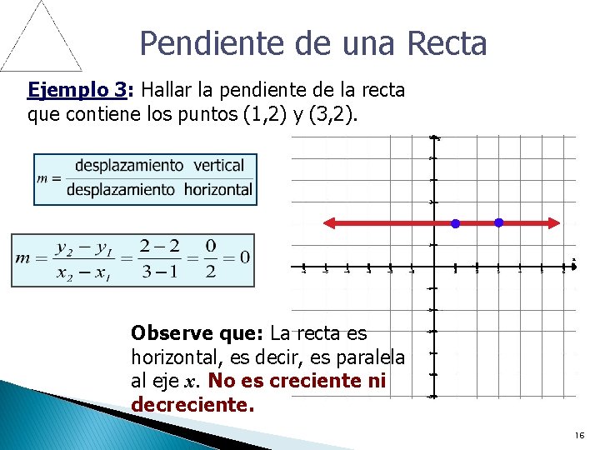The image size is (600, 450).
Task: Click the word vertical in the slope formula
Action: (218, 166)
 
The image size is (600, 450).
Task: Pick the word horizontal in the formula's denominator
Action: (217, 189)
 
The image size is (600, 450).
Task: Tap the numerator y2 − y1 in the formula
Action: (82, 247)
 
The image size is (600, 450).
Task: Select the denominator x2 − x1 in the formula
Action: (82, 272)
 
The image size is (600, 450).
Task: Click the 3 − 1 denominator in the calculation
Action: (157, 272)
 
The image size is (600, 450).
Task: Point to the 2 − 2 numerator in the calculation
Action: (157, 247)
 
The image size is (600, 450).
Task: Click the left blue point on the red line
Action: (455, 223)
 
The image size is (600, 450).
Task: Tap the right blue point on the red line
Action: (498, 222)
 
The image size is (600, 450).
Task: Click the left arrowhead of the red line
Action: (329, 222)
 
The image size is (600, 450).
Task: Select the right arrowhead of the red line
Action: (552, 222)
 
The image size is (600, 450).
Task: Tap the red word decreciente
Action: (191, 406)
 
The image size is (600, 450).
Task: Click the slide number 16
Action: (579, 437)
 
